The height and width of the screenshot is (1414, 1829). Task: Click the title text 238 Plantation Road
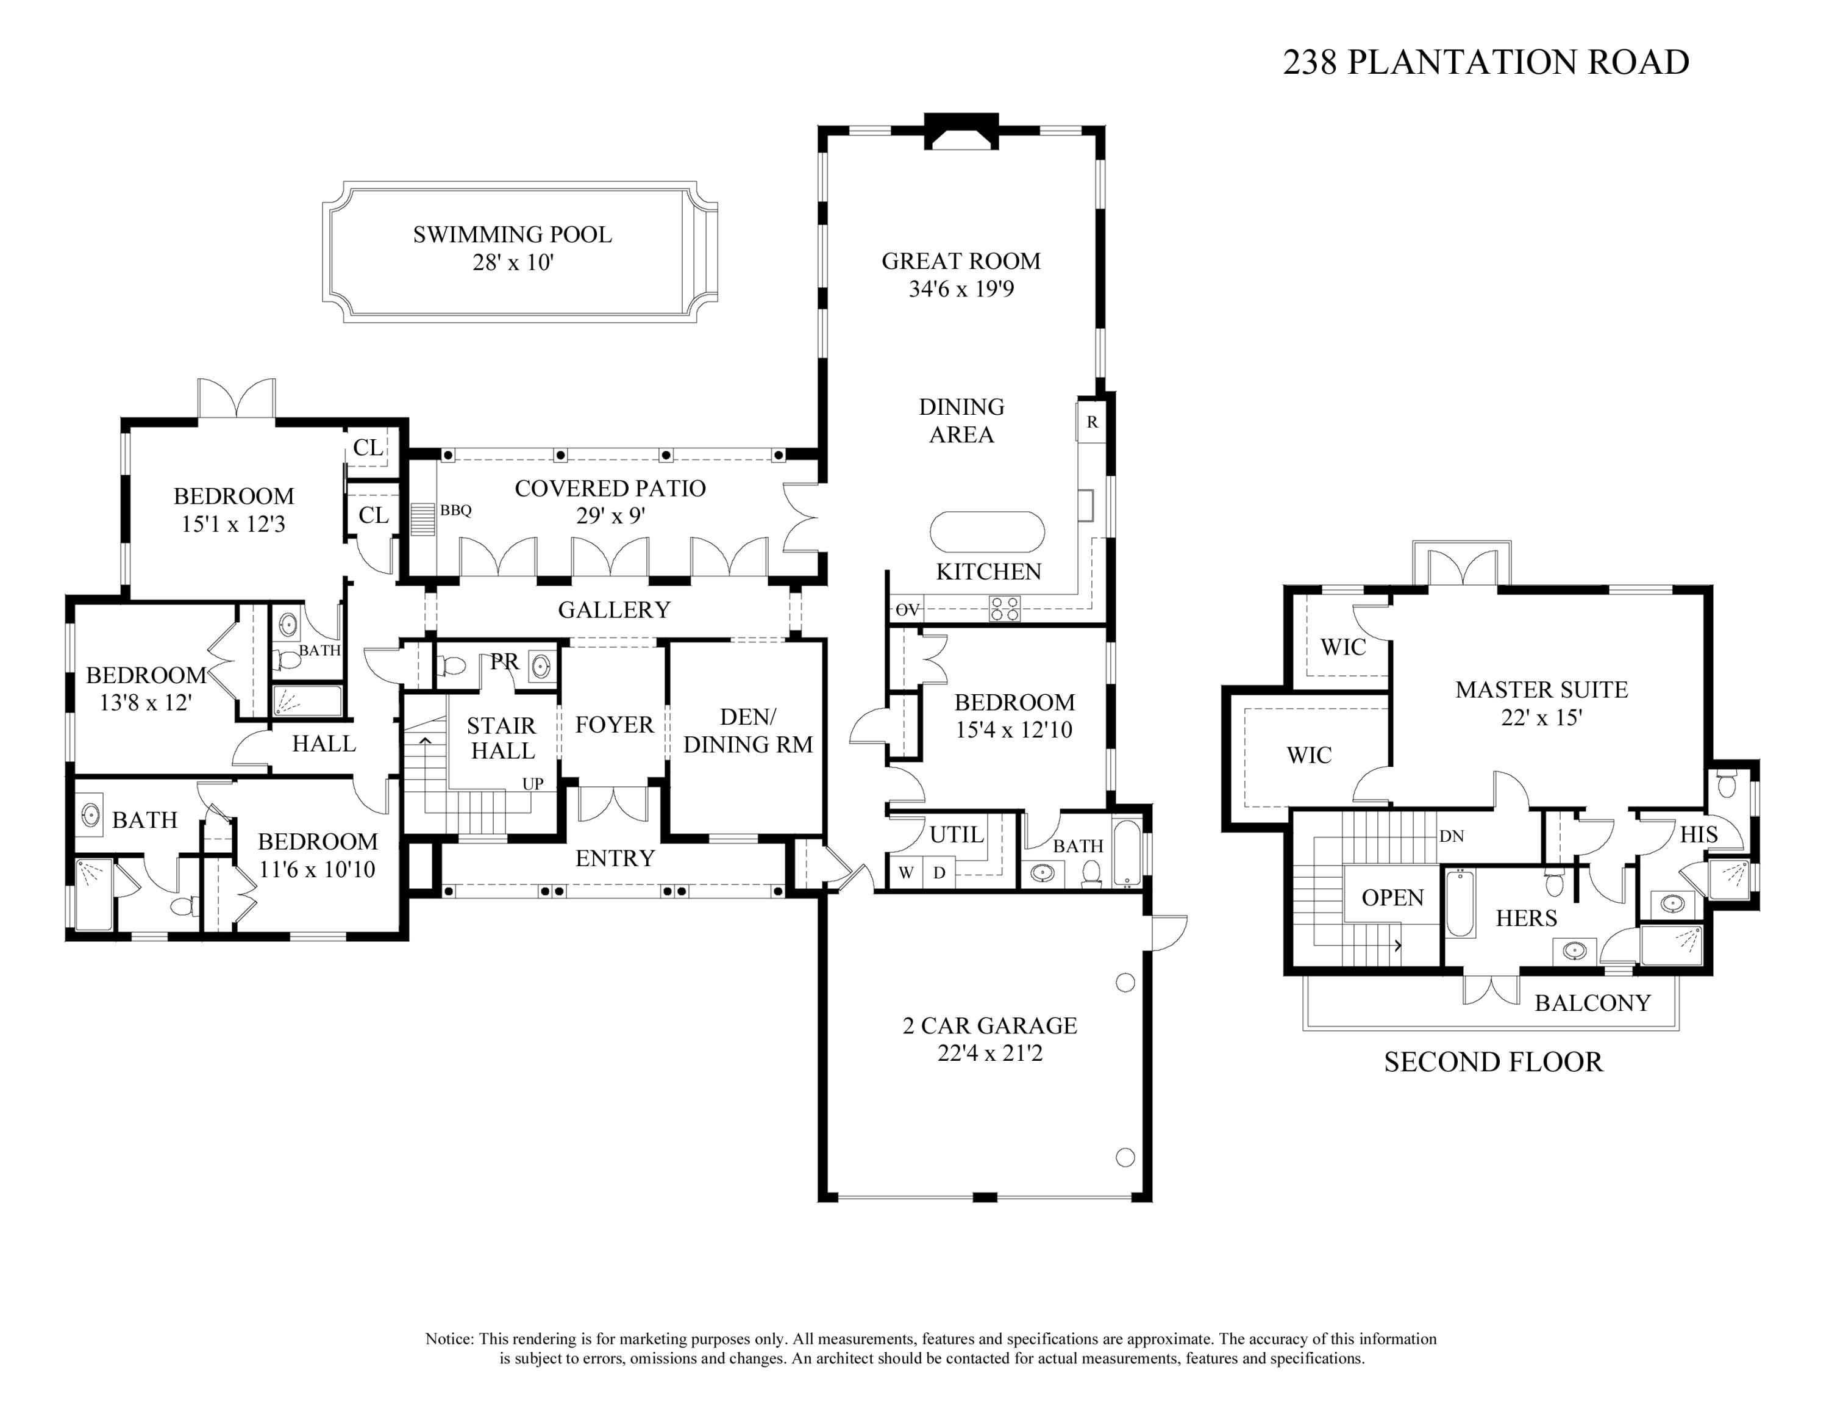point(1486,63)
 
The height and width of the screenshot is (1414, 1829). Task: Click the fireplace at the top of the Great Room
point(961,132)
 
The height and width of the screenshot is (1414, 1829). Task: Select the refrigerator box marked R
point(1092,422)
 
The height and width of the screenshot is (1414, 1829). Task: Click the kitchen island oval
point(988,532)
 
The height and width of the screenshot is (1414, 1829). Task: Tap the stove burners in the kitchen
point(1005,608)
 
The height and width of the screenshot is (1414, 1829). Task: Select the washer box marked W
point(905,873)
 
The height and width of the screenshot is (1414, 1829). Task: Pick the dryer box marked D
point(939,873)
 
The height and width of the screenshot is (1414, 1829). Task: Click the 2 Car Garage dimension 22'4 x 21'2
point(990,1053)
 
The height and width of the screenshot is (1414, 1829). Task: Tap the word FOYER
point(614,725)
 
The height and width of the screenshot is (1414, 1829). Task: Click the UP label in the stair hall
point(533,784)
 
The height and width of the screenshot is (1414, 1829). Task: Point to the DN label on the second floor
point(1451,836)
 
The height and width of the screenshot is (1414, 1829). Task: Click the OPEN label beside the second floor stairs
point(1392,898)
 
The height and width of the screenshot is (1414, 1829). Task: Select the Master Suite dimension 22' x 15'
point(1541,718)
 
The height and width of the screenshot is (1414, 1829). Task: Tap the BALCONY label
point(1592,1003)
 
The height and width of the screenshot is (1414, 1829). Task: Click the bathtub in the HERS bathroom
point(1460,905)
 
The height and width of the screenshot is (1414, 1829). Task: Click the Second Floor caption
point(1493,1062)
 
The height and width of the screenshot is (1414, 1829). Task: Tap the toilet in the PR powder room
point(453,666)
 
